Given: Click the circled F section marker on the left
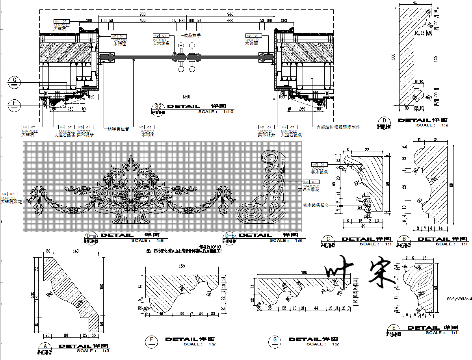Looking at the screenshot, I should [15, 104].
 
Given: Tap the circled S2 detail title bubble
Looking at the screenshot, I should [158, 107].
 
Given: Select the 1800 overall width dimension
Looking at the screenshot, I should [186, 96].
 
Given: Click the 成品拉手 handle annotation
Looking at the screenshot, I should [192, 35].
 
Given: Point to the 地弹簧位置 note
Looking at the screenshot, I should [118, 129].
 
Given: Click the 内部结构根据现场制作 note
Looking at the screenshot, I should [338, 127].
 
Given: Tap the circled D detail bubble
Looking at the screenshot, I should [385, 121].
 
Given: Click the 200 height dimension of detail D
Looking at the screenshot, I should [393, 57].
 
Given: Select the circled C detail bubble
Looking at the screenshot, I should [328, 239].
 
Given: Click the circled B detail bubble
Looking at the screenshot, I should [404, 239].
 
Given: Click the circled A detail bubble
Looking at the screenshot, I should [46, 346].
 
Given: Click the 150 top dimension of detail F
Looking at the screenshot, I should [182, 266].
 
